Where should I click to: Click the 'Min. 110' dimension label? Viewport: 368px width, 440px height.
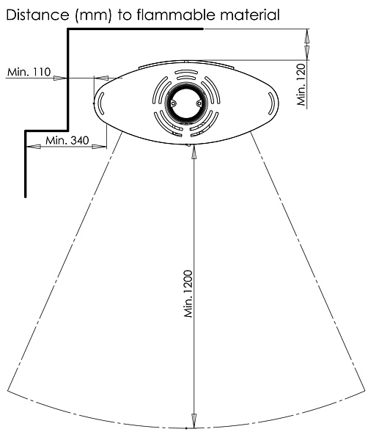[x=29, y=72]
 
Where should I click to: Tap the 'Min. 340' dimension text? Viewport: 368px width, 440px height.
[x=67, y=140]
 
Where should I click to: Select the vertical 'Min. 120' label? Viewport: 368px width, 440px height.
[x=301, y=84]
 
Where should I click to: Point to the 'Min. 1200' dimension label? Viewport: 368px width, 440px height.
[x=188, y=294]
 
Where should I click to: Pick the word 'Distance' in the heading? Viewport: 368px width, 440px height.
[x=37, y=15]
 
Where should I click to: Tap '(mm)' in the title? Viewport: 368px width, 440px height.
[x=93, y=15]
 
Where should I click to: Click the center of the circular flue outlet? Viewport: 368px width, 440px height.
[x=186, y=103]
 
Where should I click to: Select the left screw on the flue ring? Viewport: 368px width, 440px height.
[x=174, y=103]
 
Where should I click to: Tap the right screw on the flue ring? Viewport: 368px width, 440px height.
[x=199, y=103]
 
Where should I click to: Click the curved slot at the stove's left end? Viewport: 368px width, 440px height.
[x=101, y=103]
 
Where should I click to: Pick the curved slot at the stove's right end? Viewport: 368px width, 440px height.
[x=271, y=103]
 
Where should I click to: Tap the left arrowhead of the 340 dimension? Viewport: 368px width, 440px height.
[x=34, y=146]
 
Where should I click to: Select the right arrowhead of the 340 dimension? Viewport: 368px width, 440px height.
[x=99, y=146]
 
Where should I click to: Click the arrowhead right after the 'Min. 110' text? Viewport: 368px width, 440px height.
[x=59, y=78]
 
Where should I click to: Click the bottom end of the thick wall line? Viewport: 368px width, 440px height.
[x=26, y=197]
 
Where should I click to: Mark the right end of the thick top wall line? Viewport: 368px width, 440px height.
[x=202, y=29]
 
